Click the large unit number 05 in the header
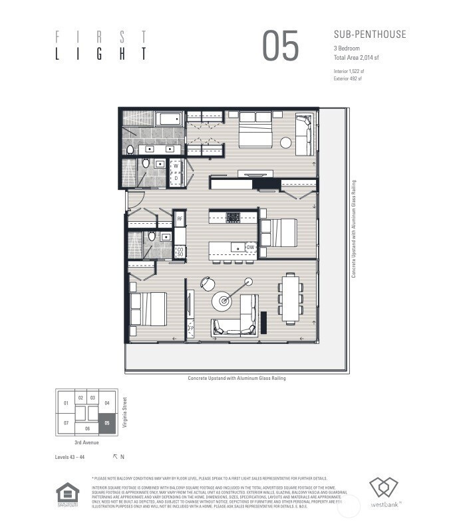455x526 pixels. click(280, 46)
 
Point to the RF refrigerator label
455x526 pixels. click(179, 217)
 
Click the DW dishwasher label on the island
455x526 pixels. click(250, 248)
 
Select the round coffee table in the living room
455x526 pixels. click(222, 301)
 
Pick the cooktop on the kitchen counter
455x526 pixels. click(233, 217)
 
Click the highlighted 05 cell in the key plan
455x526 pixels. click(107, 422)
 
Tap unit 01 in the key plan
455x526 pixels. click(66, 403)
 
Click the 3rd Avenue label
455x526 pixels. click(86, 442)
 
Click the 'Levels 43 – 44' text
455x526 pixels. click(70, 457)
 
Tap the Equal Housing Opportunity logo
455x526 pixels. click(68, 495)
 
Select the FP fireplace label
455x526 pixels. click(190, 327)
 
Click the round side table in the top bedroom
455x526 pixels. click(285, 142)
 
